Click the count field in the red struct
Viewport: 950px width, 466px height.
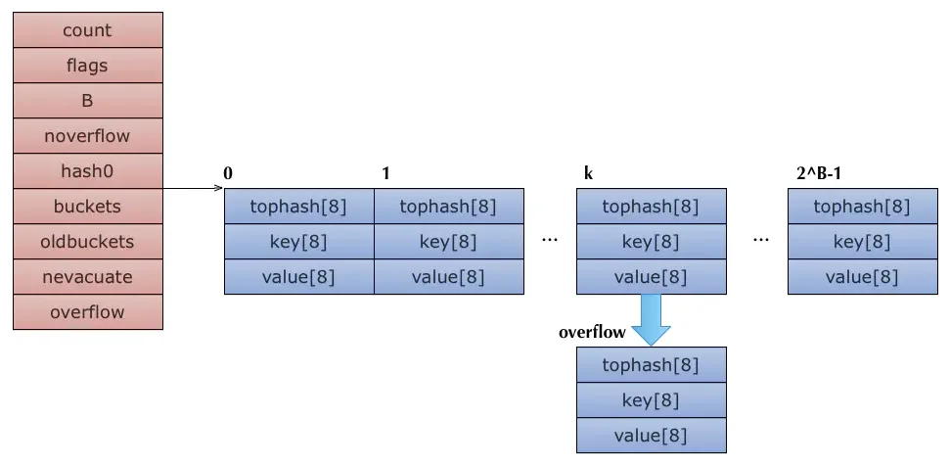88,29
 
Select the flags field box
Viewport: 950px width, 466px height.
88,65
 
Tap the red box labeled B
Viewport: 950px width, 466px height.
88,100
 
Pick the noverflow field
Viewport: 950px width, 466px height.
88,135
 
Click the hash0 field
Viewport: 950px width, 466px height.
88,171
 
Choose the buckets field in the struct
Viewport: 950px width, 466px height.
88,206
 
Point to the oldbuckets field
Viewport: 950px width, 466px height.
88,241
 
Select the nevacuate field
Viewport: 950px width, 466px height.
88,277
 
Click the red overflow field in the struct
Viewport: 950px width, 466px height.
88,312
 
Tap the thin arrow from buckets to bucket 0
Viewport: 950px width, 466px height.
194,189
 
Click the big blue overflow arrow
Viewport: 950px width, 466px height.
651,320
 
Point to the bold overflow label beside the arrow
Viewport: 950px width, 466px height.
592,332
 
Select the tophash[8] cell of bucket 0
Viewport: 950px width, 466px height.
299,206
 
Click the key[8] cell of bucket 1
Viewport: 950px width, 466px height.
449,242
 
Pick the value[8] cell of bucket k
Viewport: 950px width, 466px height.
652,277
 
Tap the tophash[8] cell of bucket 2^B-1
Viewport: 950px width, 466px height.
863,206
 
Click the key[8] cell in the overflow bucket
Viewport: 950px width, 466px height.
652,400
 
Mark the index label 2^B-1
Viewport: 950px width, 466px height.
818,174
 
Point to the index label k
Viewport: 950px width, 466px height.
588,174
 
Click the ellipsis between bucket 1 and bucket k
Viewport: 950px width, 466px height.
550,240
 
